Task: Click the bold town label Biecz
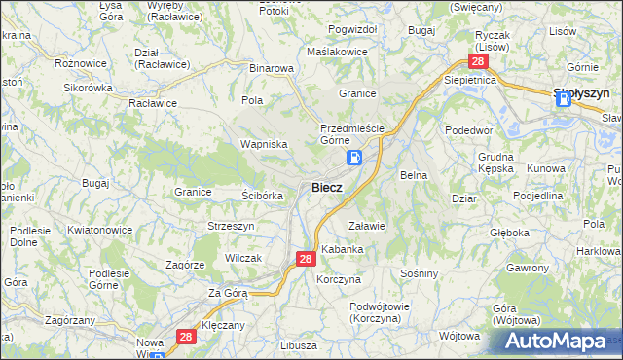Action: (x=326, y=188)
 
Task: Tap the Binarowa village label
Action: (x=272, y=68)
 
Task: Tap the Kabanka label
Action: (x=343, y=249)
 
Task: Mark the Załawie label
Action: (x=368, y=225)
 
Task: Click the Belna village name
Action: (x=415, y=175)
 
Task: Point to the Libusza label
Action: (x=298, y=345)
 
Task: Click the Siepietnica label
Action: (x=470, y=80)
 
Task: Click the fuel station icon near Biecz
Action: (x=355, y=158)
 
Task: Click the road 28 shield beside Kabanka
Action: (x=305, y=259)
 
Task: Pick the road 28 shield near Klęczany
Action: (x=188, y=336)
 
